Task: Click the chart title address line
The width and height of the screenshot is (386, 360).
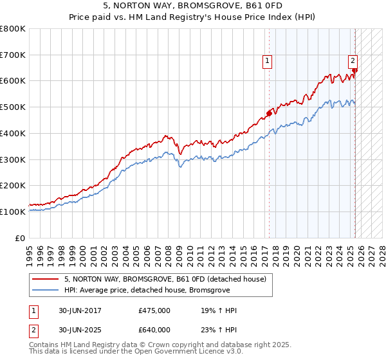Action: [192, 6]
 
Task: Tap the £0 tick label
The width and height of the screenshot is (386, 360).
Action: [21, 238]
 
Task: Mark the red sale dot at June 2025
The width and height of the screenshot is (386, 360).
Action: [354, 71]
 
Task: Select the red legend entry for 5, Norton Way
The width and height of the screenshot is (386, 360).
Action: [160, 279]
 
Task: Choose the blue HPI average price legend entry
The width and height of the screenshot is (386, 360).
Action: [149, 290]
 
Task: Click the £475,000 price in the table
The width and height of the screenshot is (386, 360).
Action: [154, 310]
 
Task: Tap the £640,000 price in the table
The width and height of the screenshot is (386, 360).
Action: [154, 330]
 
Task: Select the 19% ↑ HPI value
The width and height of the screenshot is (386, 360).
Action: [219, 310]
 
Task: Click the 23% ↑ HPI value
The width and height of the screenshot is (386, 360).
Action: [219, 330]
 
